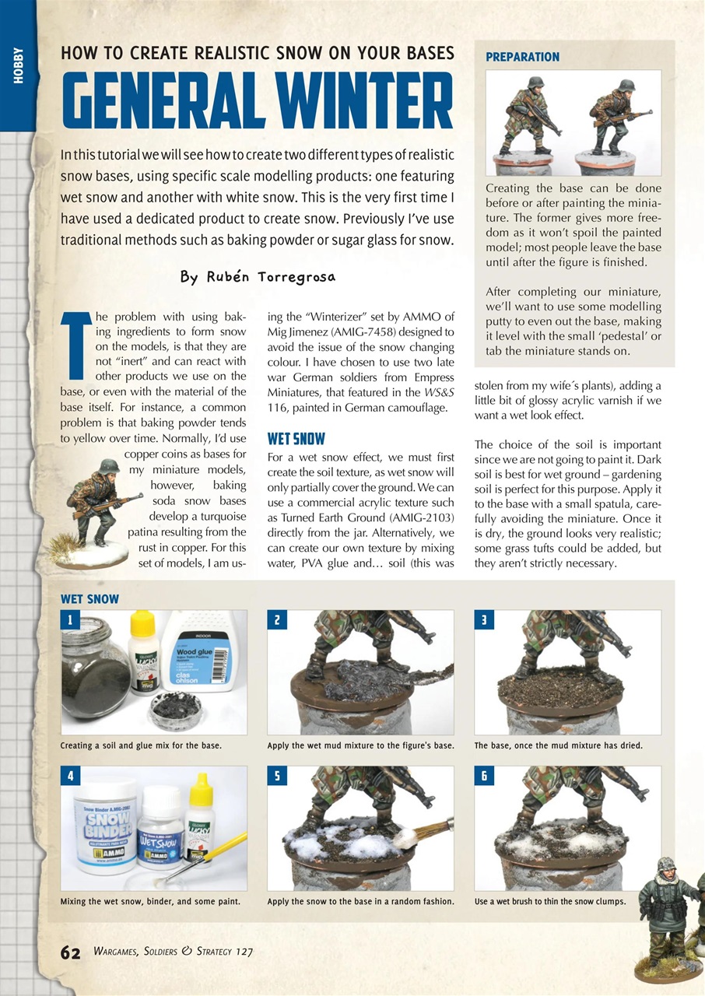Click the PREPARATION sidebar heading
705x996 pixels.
(x=522, y=57)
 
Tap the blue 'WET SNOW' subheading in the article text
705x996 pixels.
(x=296, y=439)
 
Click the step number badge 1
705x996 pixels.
(x=69, y=619)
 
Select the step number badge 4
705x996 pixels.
(x=69, y=775)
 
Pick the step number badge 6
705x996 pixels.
(x=483, y=775)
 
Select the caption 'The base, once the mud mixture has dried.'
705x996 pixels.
(x=558, y=745)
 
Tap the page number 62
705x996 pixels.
(x=70, y=952)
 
